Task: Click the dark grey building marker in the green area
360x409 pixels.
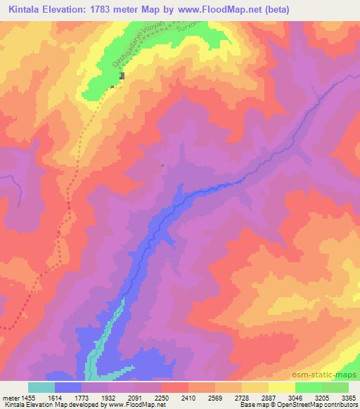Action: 122,76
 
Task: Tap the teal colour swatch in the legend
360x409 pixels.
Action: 41,388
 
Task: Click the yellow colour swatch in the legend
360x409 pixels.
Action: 281,388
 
